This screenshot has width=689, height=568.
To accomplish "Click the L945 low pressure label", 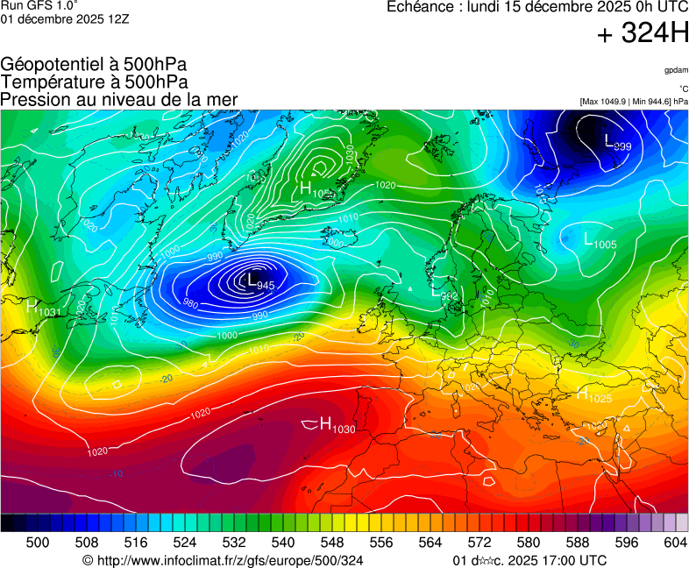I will (x=261, y=282).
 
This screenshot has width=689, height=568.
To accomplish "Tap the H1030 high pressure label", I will (x=337, y=427).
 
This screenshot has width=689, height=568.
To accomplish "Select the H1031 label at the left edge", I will (x=43, y=308).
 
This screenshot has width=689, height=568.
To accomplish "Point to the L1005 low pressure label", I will (x=600, y=239).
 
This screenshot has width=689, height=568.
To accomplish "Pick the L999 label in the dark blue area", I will (x=618, y=142).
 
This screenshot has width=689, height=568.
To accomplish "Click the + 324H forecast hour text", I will (x=643, y=33).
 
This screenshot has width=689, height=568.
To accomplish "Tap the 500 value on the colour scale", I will (x=37, y=543).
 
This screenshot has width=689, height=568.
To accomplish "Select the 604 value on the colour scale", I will (x=675, y=543).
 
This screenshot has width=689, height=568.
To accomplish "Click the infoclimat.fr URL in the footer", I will (x=223, y=560).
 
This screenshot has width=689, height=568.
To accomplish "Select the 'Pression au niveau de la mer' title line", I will (x=119, y=100).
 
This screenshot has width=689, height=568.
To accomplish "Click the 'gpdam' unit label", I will (x=676, y=69).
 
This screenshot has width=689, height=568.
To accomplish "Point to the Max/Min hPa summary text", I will (x=634, y=102).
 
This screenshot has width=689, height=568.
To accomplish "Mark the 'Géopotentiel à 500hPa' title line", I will (x=94, y=65).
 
